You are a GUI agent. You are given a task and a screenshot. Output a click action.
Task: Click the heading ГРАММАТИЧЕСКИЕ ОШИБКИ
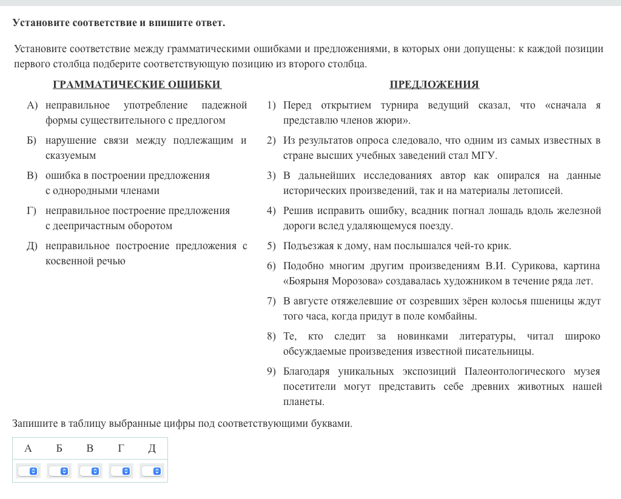tap(137, 85)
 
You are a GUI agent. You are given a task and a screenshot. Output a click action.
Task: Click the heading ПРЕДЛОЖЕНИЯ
tap(434, 85)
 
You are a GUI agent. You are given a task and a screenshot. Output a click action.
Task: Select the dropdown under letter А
tap(28, 471)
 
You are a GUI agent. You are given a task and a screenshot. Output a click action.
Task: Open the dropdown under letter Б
tap(59, 471)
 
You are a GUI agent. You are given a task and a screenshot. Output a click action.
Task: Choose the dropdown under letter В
tap(90, 471)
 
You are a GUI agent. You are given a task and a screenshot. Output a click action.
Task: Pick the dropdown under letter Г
tap(121, 471)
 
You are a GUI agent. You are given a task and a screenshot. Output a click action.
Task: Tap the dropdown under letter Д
tap(152, 471)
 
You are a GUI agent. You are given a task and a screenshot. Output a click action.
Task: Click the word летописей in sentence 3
tap(540, 191)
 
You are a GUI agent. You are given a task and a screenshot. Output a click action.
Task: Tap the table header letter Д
tap(152, 449)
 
